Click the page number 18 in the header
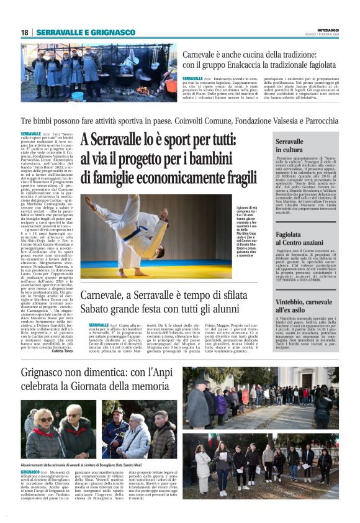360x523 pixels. [24, 32]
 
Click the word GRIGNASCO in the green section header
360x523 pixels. [112, 32]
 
